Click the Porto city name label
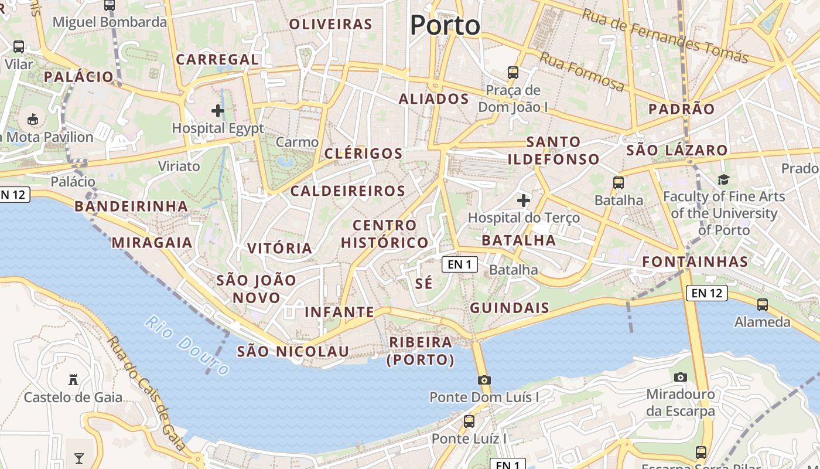click(x=445, y=25)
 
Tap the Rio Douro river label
click(x=187, y=345)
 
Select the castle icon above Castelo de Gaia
click(x=73, y=379)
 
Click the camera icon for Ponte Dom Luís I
click(x=484, y=380)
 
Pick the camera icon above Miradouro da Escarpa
click(x=680, y=377)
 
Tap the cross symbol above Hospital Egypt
click(x=218, y=110)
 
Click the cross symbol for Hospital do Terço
click(x=523, y=200)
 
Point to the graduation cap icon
click(x=724, y=179)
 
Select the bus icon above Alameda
click(x=762, y=305)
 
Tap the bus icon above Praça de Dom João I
click(x=513, y=73)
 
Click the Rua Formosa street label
click(x=582, y=72)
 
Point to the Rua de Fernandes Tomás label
click(x=664, y=36)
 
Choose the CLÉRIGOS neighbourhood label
click(x=363, y=154)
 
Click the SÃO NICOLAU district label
click(x=293, y=352)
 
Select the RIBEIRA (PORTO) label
click(x=421, y=351)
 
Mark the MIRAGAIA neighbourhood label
click(x=152, y=243)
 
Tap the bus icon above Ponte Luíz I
click(x=469, y=421)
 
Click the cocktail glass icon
click(x=79, y=458)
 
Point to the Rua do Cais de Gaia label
click(x=147, y=394)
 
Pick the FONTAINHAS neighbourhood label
click(x=695, y=261)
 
